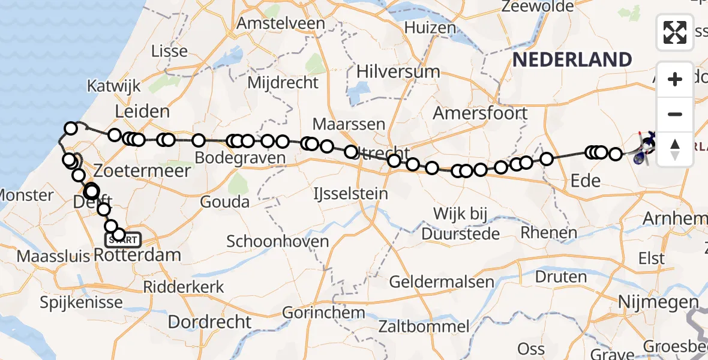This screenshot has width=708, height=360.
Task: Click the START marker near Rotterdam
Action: point(123,241)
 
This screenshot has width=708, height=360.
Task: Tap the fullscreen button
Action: point(675,32)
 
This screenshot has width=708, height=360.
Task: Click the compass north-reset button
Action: point(675,149)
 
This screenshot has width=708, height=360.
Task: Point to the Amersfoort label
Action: point(481,113)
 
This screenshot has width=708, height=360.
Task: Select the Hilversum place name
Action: point(398,72)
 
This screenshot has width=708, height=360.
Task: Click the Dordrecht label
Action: point(209,322)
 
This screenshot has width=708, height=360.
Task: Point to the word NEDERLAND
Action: point(572,59)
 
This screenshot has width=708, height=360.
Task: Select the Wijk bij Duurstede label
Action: point(461,223)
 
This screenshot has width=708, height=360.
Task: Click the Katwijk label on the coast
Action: point(113,86)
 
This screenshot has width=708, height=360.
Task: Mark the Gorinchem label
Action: point(323,313)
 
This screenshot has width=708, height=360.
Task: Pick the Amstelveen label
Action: point(281,24)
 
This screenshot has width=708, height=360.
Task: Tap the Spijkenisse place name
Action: point(82,302)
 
